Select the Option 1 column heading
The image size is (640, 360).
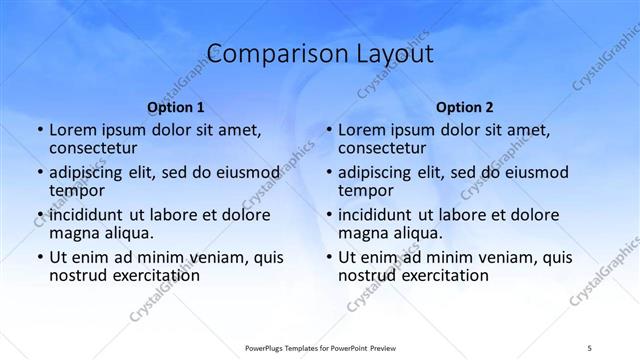click(x=176, y=107)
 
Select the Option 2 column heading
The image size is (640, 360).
click(x=465, y=107)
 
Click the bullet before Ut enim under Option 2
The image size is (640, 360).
click(x=329, y=257)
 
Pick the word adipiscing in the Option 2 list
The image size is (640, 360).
click(x=379, y=173)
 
